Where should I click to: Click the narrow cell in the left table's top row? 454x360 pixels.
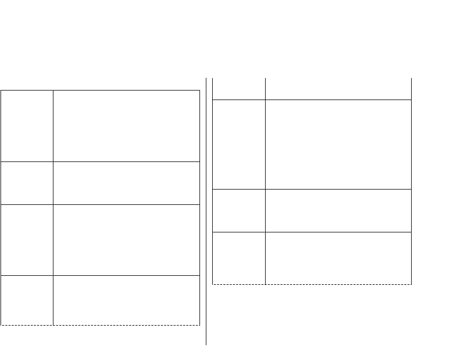(x=27, y=126)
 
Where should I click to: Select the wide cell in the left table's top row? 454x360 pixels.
(x=126, y=126)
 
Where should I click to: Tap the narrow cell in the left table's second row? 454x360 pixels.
(x=27, y=183)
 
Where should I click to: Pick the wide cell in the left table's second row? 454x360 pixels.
(x=126, y=183)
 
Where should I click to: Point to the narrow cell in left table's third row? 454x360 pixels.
(x=27, y=240)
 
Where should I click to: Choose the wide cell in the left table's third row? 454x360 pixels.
(x=126, y=240)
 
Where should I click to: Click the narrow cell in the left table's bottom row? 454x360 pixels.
(x=27, y=300)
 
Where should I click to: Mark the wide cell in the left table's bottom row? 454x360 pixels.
(x=126, y=300)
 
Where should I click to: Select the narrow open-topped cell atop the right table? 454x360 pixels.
(x=239, y=89)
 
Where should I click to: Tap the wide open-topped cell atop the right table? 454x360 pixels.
(x=338, y=89)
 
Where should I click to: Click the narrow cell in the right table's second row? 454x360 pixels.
(x=239, y=144)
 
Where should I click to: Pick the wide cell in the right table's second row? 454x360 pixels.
(x=338, y=144)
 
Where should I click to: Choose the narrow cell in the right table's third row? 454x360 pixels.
(x=239, y=210)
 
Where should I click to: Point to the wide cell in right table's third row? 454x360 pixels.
(x=338, y=210)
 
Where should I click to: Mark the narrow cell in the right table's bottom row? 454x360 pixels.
(x=239, y=258)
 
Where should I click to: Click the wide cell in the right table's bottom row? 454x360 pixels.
(x=338, y=258)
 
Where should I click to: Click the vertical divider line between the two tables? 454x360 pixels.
(x=206, y=212)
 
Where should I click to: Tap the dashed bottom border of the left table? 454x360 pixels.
(x=100, y=325)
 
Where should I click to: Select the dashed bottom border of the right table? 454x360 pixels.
(x=312, y=284)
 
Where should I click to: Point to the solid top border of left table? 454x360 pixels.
(x=100, y=91)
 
